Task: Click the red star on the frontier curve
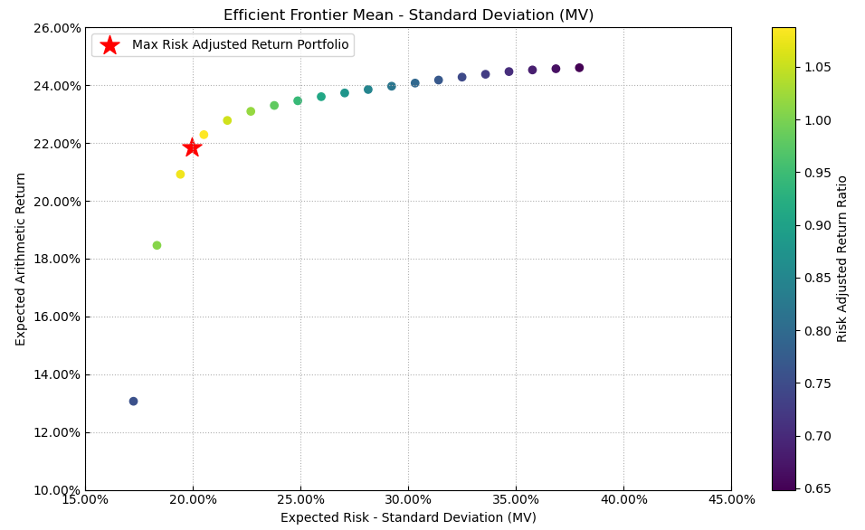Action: pyautogui.click(x=192, y=147)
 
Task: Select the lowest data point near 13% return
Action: pyautogui.click(x=133, y=402)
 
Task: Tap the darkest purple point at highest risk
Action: pyautogui.click(x=579, y=68)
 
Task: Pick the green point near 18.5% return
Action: pyautogui.click(x=157, y=245)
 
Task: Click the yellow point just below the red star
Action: pyautogui.click(x=180, y=175)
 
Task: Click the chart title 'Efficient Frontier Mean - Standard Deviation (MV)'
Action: pyautogui.click(x=408, y=14)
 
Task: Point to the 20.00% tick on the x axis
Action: pyautogui.click(x=193, y=499)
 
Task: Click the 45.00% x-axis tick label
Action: pyautogui.click(x=731, y=499)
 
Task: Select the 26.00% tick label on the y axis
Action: pyautogui.click(x=56, y=28)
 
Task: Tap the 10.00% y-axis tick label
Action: pyautogui.click(x=56, y=490)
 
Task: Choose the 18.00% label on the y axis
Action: pyautogui.click(x=56, y=259)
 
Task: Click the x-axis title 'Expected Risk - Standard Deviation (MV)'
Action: pyautogui.click(x=408, y=517)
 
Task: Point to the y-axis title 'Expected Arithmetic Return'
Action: pyautogui.click(x=21, y=259)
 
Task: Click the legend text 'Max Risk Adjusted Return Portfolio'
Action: pyautogui.click(x=240, y=45)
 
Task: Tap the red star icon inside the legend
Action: pyautogui.click(x=109, y=45)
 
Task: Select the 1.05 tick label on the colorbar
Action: pyautogui.click(x=818, y=67)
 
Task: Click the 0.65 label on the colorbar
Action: pyautogui.click(x=818, y=488)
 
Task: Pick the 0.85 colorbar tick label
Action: pyautogui.click(x=818, y=278)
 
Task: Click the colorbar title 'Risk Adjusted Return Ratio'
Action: pyautogui.click(x=842, y=259)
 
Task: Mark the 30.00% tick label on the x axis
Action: pyautogui.click(x=408, y=499)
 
